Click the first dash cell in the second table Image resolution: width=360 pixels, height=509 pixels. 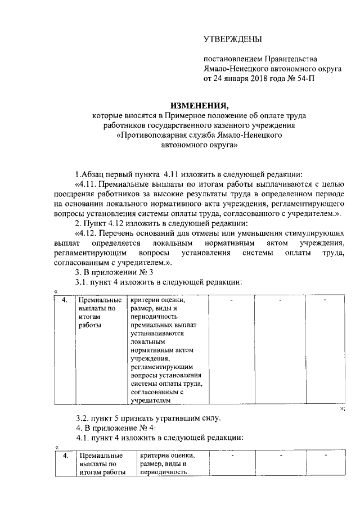(x=231, y=454)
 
